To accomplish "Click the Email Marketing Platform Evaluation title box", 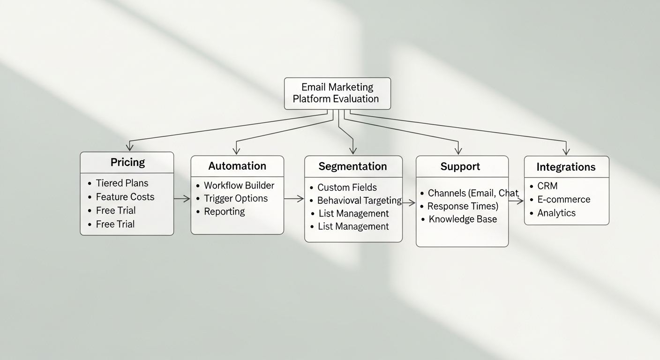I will pyautogui.click(x=337, y=93).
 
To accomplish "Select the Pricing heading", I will pyautogui.click(x=127, y=162).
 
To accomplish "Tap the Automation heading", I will pyautogui.click(x=237, y=166).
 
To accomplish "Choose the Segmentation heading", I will pyautogui.click(x=352, y=166).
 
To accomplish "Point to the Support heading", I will pyautogui.click(x=460, y=166).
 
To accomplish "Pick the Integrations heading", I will pyautogui.click(x=566, y=167).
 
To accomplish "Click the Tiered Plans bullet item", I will pyautogui.click(x=122, y=183).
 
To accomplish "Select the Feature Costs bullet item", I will pyautogui.click(x=125, y=197).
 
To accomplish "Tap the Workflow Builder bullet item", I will pyautogui.click(x=239, y=185).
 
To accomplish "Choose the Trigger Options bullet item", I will pyautogui.click(x=235, y=198).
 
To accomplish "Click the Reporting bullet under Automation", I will pyautogui.click(x=224, y=211).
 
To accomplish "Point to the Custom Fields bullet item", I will pyautogui.click(x=347, y=187).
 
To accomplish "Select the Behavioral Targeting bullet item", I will pyautogui.click(x=359, y=201).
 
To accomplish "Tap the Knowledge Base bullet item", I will pyautogui.click(x=462, y=219).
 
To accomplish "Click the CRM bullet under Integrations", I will pyautogui.click(x=547, y=186).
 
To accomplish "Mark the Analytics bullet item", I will pyautogui.click(x=556, y=213).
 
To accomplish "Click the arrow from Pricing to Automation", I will pyautogui.click(x=182, y=199).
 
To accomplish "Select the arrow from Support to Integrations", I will pyautogui.click(x=516, y=201).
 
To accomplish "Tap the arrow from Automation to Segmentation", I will pyautogui.click(x=294, y=199).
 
